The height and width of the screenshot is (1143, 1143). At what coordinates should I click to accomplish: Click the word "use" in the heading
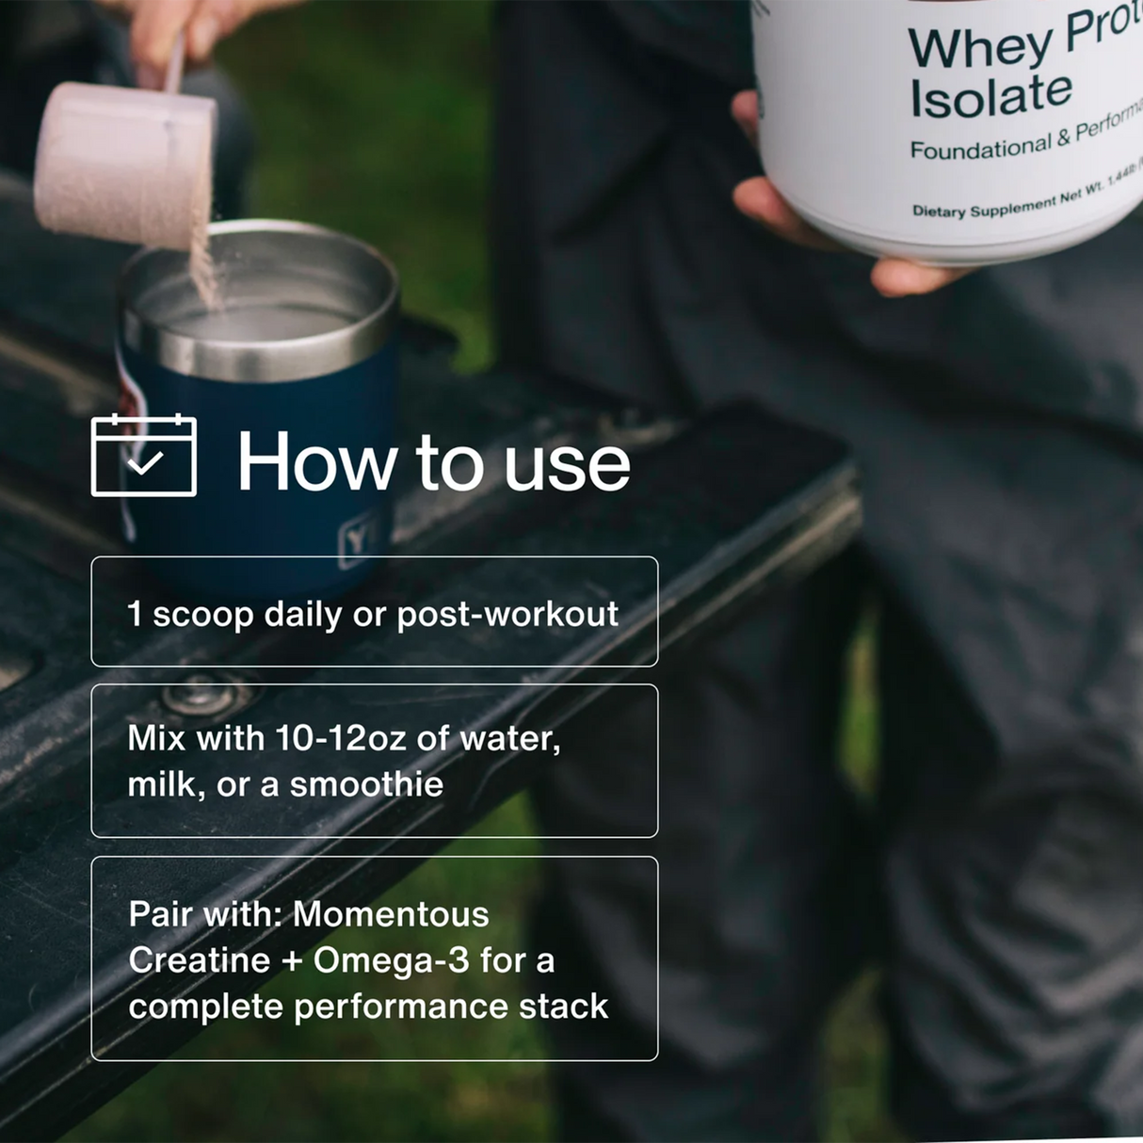pyautogui.click(x=567, y=464)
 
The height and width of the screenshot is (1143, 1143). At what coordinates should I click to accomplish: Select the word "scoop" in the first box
pyautogui.click(x=203, y=614)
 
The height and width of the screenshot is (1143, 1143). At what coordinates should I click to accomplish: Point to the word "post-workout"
pyautogui.click(x=507, y=615)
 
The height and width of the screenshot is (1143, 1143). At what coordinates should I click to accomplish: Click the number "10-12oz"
pyautogui.click(x=341, y=738)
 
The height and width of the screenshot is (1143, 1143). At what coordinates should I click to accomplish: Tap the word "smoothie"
pyautogui.click(x=366, y=784)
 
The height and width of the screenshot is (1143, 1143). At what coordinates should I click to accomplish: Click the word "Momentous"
pyautogui.click(x=391, y=914)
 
